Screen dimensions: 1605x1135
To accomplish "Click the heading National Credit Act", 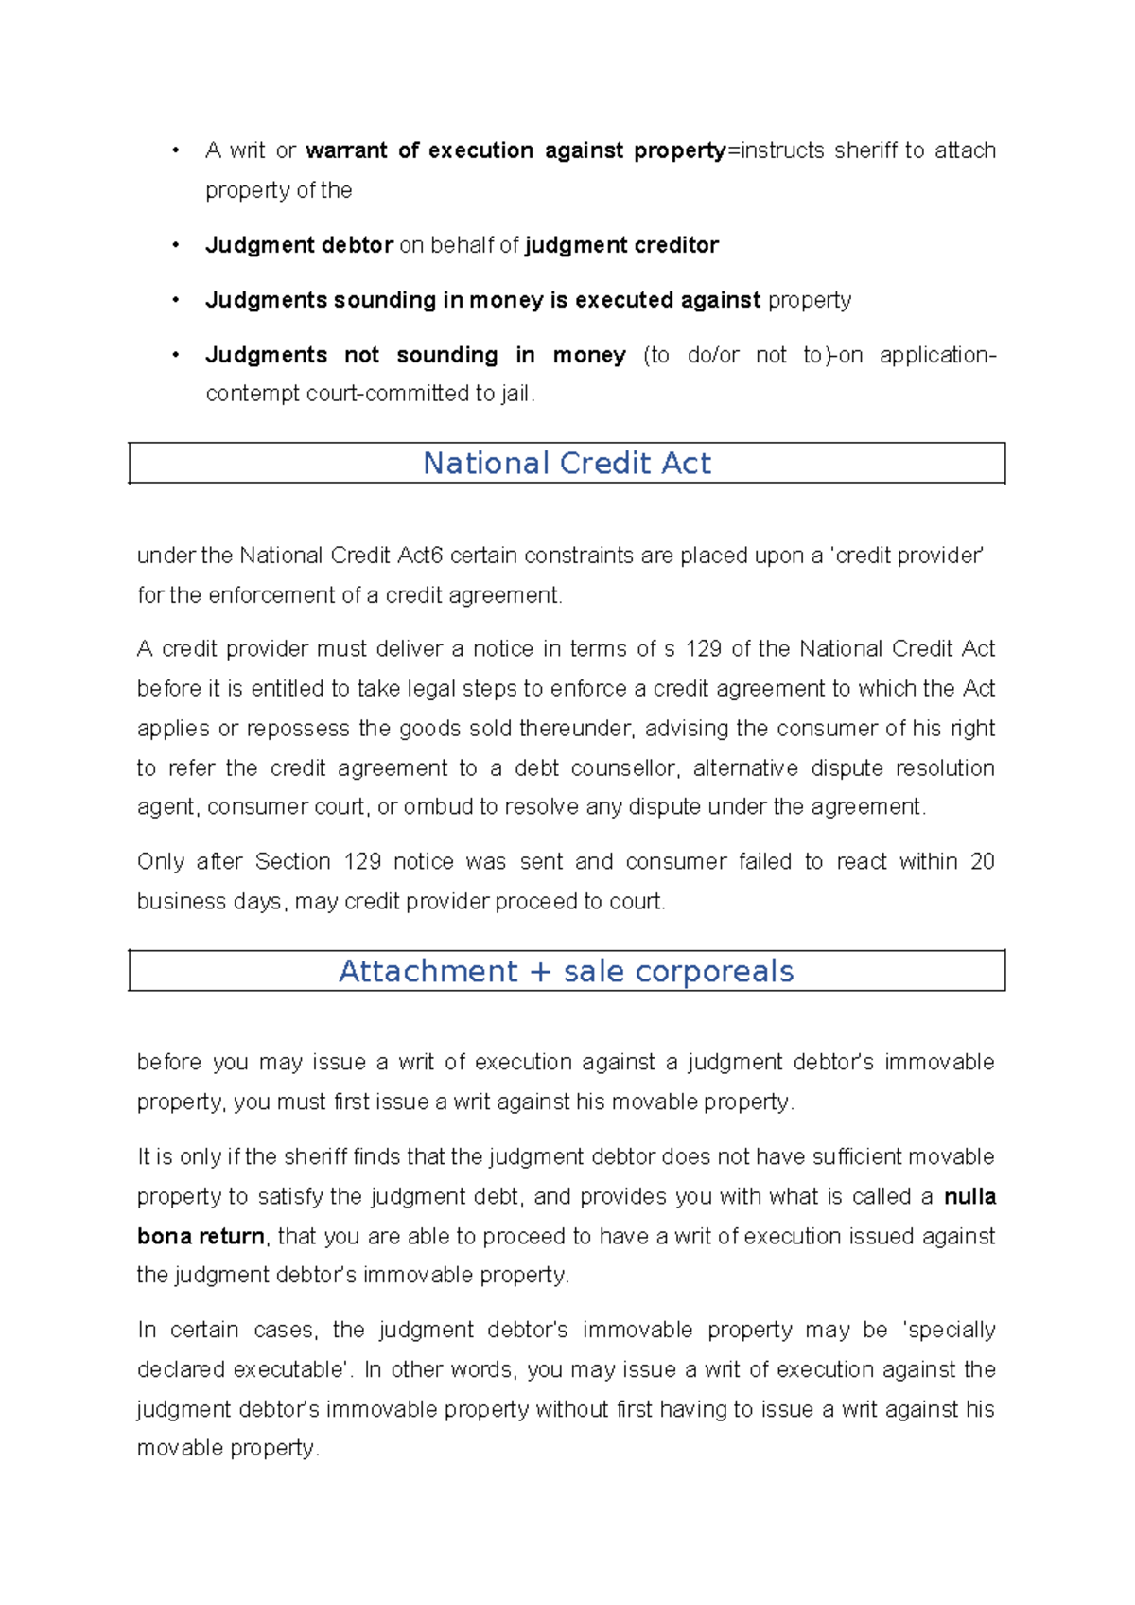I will point(567,463).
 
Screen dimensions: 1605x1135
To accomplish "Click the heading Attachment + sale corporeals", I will point(566,971).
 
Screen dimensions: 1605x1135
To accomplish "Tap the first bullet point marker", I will point(176,150).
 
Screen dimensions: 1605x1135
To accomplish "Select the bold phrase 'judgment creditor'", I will point(621,245).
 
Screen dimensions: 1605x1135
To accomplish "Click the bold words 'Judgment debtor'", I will point(299,245).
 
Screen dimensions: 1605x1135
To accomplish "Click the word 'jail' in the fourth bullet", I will point(515,394).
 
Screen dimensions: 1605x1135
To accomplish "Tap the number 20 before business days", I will point(983,861).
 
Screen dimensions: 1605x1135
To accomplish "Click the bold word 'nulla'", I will point(969,1196).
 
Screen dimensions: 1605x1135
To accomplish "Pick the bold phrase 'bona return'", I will point(201,1236).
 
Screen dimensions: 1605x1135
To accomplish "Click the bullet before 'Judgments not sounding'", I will point(176,355).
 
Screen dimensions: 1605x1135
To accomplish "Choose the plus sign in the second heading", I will point(540,971).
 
